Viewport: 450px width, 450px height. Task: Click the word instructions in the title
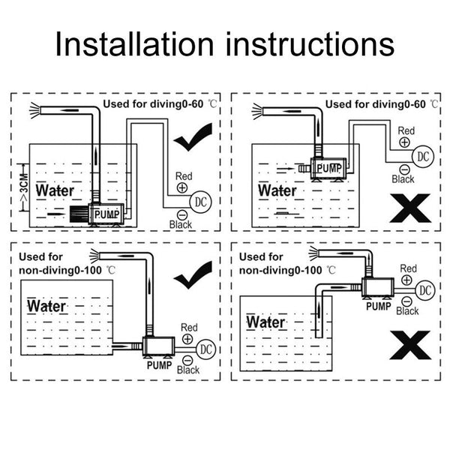coord(307,45)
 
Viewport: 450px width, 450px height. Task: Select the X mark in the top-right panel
coord(409,208)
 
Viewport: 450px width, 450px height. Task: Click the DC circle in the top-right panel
coord(423,157)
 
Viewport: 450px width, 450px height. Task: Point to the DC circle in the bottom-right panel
coord(425,289)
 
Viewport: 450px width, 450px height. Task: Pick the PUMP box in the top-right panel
coord(327,169)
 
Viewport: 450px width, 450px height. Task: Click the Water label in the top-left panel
coord(55,190)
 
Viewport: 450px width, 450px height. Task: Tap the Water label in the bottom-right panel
coord(266,322)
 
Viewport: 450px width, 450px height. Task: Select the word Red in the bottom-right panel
coord(408,268)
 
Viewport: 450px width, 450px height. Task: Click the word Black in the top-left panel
coord(181,224)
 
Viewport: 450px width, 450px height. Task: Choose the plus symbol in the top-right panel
coord(404,140)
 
